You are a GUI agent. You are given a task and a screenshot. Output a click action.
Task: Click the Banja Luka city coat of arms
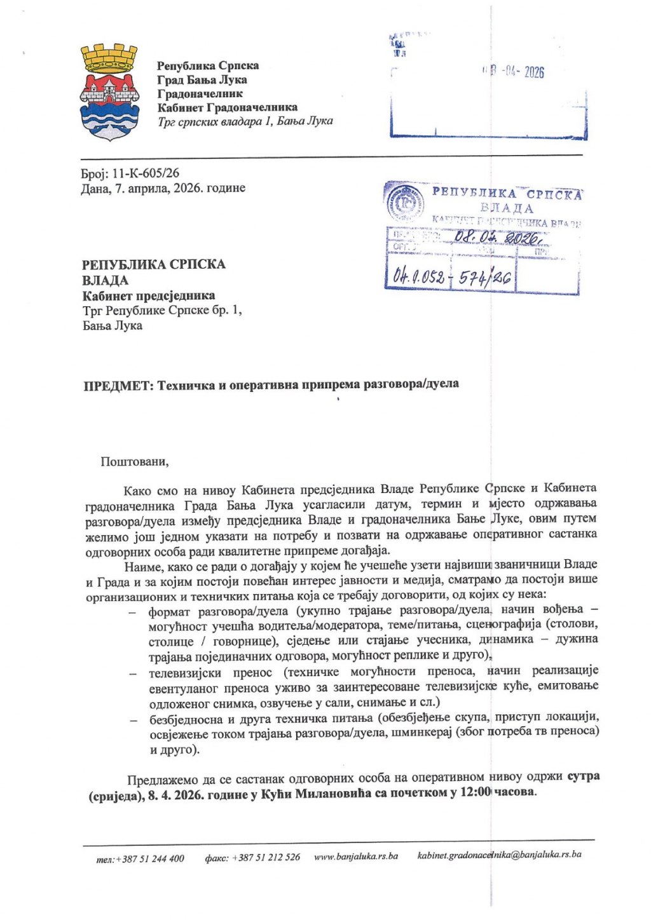pyautogui.click(x=109, y=93)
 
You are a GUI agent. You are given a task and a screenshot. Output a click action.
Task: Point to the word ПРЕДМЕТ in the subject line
pyautogui.click(x=118, y=385)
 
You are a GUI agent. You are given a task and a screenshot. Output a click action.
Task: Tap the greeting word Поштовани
pyautogui.click(x=134, y=462)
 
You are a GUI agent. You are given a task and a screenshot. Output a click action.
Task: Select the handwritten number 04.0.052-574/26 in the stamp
pyautogui.click(x=453, y=276)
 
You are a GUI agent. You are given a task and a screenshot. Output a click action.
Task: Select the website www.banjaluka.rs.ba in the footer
pyautogui.click(x=356, y=856)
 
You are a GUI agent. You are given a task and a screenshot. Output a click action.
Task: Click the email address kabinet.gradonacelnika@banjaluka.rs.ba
pyautogui.click(x=499, y=855)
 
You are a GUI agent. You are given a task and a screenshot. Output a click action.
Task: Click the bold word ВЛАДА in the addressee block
pyautogui.click(x=106, y=280)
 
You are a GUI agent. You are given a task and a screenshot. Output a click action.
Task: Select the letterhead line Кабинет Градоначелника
pyautogui.click(x=228, y=107)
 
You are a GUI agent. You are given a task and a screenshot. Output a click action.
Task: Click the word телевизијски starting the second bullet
pyautogui.click(x=185, y=672)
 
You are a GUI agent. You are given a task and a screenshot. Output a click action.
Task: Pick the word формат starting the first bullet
pyautogui.click(x=170, y=612)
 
